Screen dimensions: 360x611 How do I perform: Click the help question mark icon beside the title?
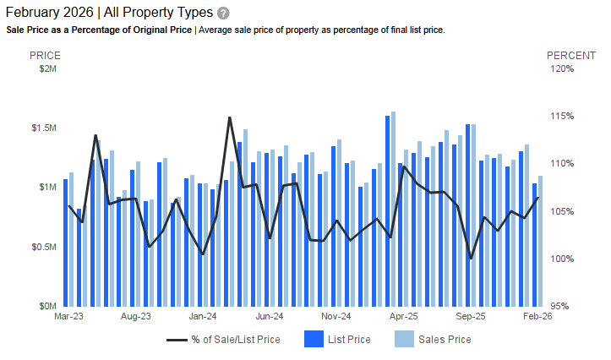pos(223,14)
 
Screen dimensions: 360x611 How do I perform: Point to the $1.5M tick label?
pos(43,128)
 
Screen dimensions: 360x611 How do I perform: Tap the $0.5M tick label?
pos(43,247)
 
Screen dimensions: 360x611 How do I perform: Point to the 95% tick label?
pos(565,306)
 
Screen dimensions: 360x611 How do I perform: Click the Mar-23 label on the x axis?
pos(68,317)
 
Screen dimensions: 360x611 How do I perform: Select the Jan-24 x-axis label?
pos(203,317)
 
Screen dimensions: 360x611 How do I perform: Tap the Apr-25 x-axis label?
pos(404,317)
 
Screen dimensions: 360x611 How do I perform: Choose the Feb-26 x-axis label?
pos(538,317)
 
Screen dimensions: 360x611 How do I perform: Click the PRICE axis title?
pos(45,55)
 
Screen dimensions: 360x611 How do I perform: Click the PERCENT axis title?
pos(571,55)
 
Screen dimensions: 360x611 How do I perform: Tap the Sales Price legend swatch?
pos(405,340)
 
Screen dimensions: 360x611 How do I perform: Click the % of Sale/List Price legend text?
pos(236,340)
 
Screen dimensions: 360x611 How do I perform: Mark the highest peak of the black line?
pos(230,117)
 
